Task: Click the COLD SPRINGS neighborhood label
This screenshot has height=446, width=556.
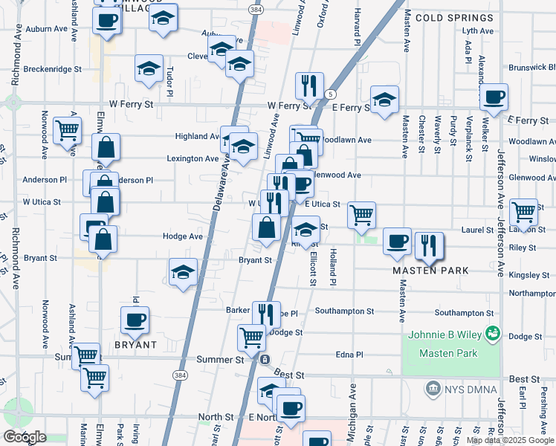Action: click(x=454, y=17)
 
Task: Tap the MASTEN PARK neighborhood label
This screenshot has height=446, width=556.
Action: click(x=431, y=271)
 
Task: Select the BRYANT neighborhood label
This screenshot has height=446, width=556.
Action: click(x=135, y=345)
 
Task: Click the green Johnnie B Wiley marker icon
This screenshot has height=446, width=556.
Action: click(x=491, y=334)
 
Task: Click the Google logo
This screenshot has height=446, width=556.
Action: click(x=25, y=437)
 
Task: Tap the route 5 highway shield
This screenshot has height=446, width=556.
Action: click(x=329, y=94)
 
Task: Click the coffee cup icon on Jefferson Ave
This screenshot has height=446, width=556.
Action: click(x=494, y=97)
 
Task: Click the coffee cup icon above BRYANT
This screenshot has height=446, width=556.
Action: click(x=135, y=320)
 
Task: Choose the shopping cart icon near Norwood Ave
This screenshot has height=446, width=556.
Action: click(x=68, y=130)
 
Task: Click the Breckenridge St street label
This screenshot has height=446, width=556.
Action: click(x=52, y=69)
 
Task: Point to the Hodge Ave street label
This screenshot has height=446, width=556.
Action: click(x=183, y=236)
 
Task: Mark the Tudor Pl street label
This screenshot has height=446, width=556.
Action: click(x=169, y=82)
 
